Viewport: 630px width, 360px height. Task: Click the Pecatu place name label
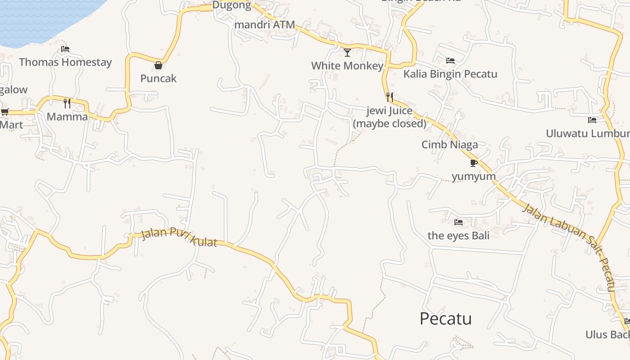point(445,319)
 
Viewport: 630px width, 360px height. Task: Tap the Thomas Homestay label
point(65,62)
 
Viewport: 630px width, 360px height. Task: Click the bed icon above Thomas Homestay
point(65,49)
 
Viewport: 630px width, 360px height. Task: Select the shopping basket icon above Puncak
point(158,65)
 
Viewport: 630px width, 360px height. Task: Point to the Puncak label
point(158,78)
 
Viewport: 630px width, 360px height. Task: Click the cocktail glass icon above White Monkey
point(347,53)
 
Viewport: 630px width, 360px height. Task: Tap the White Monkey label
point(347,66)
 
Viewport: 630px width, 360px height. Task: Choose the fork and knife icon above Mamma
point(67,103)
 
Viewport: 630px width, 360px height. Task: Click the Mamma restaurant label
point(67,117)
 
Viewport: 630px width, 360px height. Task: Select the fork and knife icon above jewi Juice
point(390,97)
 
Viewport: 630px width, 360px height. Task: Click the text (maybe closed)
point(390,123)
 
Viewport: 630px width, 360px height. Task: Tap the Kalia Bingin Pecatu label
point(450,74)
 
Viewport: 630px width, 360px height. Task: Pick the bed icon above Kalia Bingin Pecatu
point(450,61)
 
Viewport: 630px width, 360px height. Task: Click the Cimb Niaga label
point(450,144)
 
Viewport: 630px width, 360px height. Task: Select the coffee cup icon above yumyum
point(473,163)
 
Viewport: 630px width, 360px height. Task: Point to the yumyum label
point(473,176)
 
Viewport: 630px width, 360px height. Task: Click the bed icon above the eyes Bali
point(459,222)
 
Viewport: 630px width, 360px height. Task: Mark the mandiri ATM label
point(265,25)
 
